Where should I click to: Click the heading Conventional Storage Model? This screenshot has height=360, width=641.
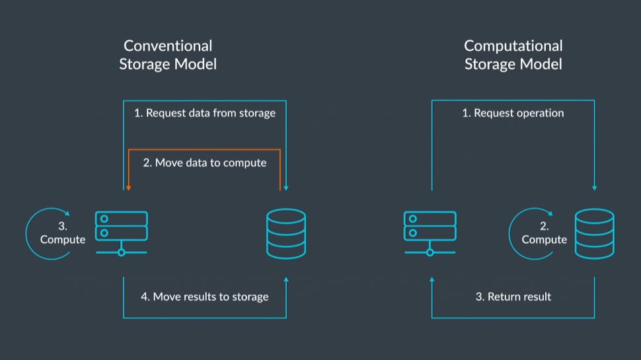(x=168, y=55)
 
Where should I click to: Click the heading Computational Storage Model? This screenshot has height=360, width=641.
(x=513, y=55)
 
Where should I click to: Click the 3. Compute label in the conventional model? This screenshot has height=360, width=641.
(x=63, y=233)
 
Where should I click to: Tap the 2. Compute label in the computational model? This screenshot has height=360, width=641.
(x=544, y=233)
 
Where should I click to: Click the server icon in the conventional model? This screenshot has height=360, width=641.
(x=122, y=233)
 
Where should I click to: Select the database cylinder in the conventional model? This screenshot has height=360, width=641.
(x=286, y=234)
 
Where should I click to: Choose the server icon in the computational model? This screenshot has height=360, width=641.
(x=430, y=233)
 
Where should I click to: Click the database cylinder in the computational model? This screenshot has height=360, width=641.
(x=594, y=234)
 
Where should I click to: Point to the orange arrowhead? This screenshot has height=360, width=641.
(x=128, y=188)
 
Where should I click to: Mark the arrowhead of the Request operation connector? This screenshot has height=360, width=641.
(x=594, y=188)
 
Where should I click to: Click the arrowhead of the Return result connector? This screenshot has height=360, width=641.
(x=432, y=279)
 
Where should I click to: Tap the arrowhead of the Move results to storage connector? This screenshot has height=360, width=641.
(x=286, y=279)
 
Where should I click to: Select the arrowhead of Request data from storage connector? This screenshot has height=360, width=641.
(x=286, y=188)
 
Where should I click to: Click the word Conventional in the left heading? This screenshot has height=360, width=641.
(x=168, y=46)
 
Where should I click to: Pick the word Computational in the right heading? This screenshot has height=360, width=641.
(x=513, y=46)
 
